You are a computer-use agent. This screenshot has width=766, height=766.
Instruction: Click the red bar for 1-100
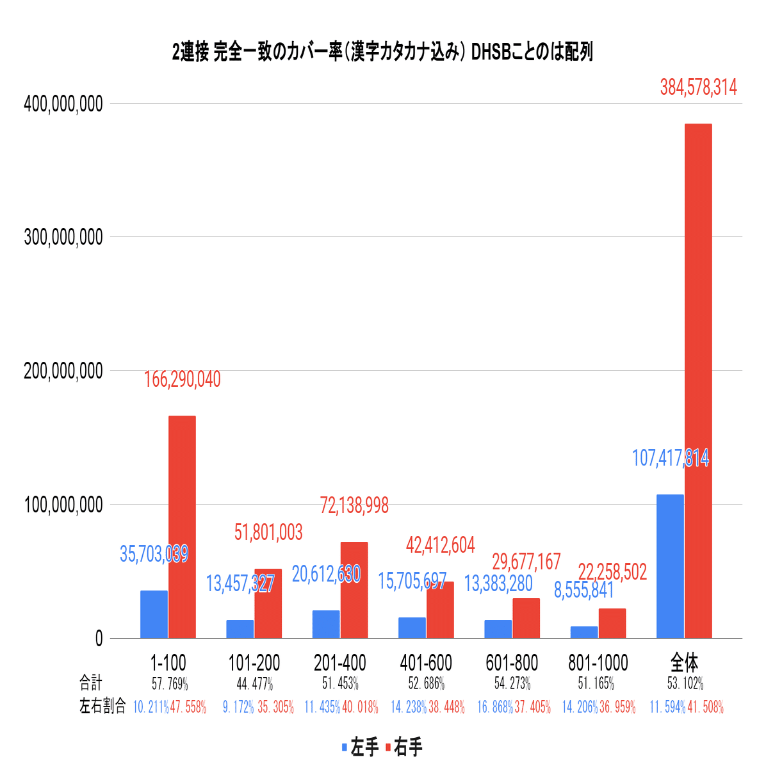click(x=182, y=526)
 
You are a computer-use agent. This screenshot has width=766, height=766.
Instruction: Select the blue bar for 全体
click(x=670, y=566)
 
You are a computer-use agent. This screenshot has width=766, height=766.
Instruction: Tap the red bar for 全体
click(x=698, y=380)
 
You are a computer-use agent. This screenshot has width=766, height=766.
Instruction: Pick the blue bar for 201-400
click(x=326, y=624)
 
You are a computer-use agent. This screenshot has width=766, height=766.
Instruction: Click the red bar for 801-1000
click(x=612, y=623)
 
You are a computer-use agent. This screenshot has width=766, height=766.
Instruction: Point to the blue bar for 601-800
click(x=498, y=629)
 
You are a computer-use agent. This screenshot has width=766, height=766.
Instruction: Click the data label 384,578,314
click(x=698, y=87)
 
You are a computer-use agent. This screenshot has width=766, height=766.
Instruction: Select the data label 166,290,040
click(x=182, y=379)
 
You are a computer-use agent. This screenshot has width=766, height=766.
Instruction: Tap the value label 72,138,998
click(x=354, y=505)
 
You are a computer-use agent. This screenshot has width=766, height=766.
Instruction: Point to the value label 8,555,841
click(x=583, y=590)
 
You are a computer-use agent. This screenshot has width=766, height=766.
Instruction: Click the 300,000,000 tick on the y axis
click(x=63, y=237)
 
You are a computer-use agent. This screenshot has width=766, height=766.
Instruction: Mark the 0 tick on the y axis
click(x=98, y=639)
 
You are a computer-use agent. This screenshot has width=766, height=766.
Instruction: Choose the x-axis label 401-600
click(x=426, y=662)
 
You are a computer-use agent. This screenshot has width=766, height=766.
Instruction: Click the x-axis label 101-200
click(x=254, y=662)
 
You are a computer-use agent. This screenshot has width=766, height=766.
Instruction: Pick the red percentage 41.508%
click(x=705, y=707)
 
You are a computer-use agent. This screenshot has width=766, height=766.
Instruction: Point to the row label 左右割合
click(x=102, y=706)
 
